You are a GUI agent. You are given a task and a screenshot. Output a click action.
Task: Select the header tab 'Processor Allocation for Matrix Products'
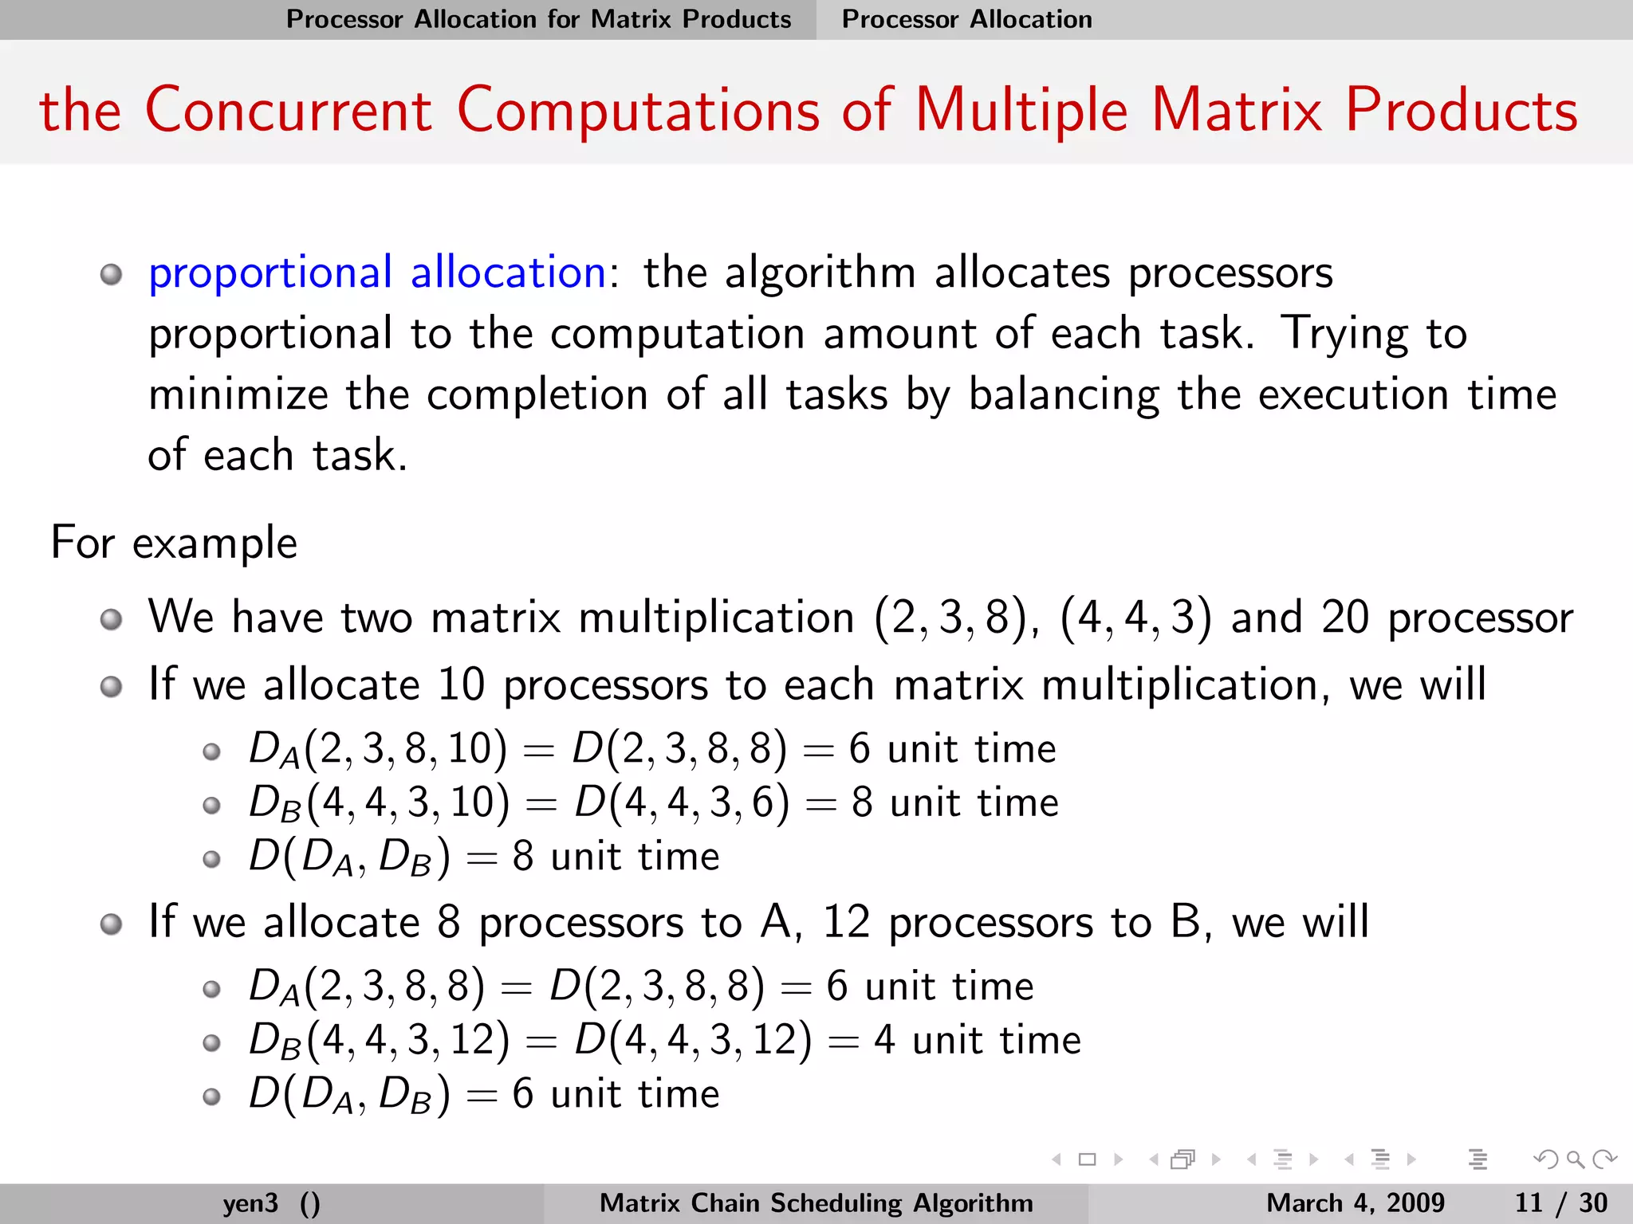click(538, 19)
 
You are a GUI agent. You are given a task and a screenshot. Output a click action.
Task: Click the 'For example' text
click(174, 543)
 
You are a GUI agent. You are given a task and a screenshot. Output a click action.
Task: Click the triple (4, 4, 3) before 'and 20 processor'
click(1135, 618)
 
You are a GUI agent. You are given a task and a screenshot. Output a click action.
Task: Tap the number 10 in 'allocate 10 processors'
click(461, 685)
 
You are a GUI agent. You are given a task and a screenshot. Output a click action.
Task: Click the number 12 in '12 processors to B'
click(846, 922)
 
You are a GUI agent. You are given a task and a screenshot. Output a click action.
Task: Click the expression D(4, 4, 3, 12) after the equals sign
click(693, 1040)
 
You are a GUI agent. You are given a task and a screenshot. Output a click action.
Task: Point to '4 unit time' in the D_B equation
click(977, 1040)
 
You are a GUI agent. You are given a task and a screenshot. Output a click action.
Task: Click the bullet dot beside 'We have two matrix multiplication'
click(112, 619)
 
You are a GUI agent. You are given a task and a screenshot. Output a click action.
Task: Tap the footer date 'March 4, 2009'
click(1355, 1202)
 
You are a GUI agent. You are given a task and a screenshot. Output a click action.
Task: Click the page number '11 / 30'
click(1560, 1202)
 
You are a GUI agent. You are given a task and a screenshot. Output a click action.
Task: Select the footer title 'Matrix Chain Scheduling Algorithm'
click(816, 1202)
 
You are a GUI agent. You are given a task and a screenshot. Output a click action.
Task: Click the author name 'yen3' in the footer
click(250, 1202)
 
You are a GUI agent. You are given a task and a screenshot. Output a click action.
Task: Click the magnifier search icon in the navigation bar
click(1575, 1159)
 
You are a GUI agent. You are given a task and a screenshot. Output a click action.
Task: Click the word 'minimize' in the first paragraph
click(238, 395)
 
